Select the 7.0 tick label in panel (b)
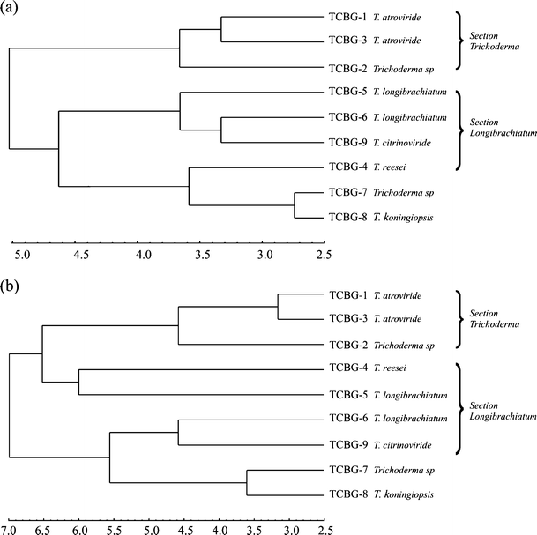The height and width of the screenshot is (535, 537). pos(9,531)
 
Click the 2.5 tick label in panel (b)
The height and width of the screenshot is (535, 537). pos(326,531)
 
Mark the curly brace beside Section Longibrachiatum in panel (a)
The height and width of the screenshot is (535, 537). pos(460,129)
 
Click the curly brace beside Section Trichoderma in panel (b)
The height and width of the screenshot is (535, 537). pos(460,319)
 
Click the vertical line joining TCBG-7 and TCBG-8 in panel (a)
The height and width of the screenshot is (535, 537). pos(295,204)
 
